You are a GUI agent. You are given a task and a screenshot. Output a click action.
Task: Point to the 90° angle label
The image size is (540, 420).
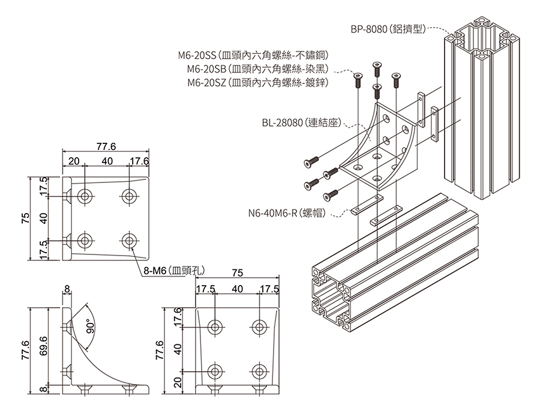pos(91,323)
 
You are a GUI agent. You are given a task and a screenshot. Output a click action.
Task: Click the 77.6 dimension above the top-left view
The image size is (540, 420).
pos(106,146)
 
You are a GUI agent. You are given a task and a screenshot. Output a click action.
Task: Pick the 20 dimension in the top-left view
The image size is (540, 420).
pos(74,161)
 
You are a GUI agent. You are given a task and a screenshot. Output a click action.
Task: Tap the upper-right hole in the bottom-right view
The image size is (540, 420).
pos(259,326)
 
